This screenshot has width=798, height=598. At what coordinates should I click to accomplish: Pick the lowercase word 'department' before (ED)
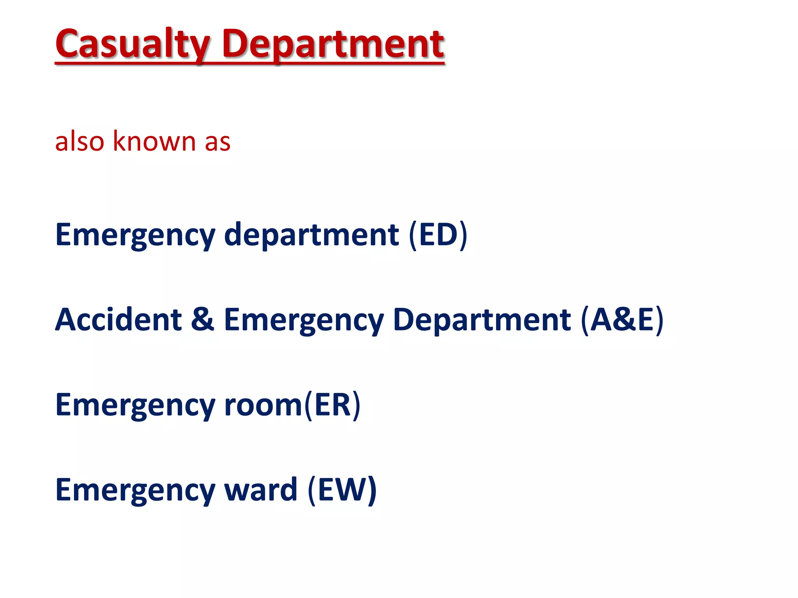311,235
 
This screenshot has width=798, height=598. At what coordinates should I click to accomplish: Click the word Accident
118,320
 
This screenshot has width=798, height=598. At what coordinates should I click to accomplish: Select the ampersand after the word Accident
203,320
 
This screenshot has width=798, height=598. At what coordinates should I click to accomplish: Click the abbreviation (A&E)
622,320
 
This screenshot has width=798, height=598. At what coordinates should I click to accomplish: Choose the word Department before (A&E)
482,320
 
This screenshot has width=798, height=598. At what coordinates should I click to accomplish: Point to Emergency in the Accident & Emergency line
304,320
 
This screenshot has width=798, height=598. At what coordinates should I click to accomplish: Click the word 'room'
263,405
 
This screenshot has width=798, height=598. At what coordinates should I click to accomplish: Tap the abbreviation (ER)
332,405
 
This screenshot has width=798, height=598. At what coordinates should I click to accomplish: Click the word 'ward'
261,490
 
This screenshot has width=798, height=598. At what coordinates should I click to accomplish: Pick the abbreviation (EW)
342,490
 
